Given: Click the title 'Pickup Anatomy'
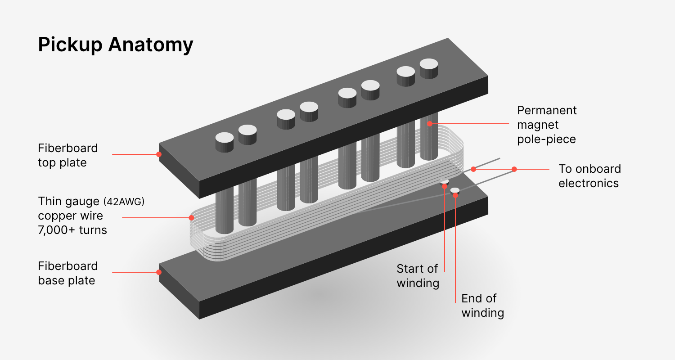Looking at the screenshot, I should point(115,45).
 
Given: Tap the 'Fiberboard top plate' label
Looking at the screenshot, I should point(67,155).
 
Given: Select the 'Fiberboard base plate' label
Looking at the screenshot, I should point(67,273).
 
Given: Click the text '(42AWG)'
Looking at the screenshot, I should point(124,202).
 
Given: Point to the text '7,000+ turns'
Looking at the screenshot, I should point(72,230).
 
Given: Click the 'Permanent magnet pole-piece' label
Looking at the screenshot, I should point(546,125).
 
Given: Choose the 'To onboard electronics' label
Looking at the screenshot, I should point(589,176).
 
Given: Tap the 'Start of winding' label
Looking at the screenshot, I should point(417,276).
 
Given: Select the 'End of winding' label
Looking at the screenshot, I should point(482,306).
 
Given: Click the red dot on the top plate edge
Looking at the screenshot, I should point(159,154).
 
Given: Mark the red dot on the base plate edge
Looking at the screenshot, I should point(159,272).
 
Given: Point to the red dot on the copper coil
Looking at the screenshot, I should point(191,218).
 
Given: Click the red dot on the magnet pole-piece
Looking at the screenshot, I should point(430,123).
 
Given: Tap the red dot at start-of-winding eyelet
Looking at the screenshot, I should point(445,186).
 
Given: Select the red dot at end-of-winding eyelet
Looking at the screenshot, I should point(455,195).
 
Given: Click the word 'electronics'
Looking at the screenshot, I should point(589,183).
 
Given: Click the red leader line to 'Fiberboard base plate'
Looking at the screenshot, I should point(135,272).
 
